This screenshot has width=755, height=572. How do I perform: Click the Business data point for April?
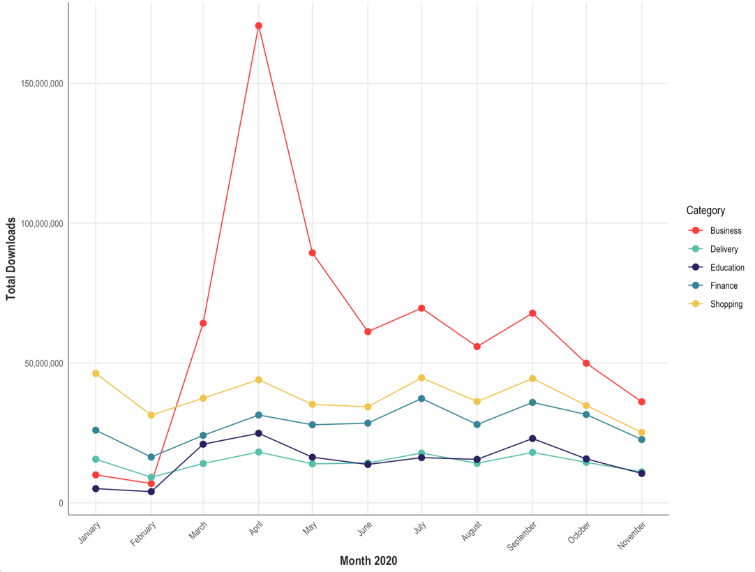pyautogui.click(x=259, y=26)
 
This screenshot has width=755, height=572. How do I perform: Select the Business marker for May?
pyautogui.click(x=313, y=253)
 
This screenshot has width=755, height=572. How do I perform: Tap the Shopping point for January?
pyautogui.click(x=96, y=373)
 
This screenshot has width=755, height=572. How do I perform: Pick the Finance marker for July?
pyautogui.click(x=421, y=398)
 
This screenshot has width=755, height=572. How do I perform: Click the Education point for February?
pyautogui.click(x=151, y=492)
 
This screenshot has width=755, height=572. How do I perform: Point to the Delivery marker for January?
pyautogui.click(x=96, y=459)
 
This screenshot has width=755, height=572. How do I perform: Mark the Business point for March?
pyautogui.click(x=203, y=323)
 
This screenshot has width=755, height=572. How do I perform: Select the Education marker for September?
pyautogui.click(x=532, y=438)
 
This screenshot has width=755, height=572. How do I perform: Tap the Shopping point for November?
pyautogui.click(x=641, y=432)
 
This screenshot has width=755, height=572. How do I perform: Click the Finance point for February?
pyautogui.click(x=151, y=457)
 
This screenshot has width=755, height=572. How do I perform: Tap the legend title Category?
pyautogui.click(x=705, y=210)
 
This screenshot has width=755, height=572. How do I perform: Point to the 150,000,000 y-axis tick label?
pyautogui.click(x=38, y=84)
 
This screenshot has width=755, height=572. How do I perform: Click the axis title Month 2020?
pyautogui.click(x=368, y=561)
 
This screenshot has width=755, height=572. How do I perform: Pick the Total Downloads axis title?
pyautogui.click(x=11, y=259)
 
